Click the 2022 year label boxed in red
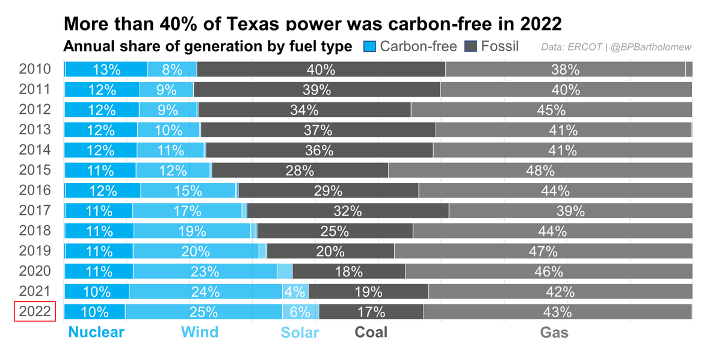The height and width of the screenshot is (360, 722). click(x=35, y=312)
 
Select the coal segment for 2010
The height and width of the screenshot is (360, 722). click(x=321, y=69)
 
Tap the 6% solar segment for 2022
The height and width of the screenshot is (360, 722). click(x=300, y=312)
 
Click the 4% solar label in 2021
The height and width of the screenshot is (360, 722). click(x=295, y=292)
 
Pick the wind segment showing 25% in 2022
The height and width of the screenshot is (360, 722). click(x=204, y=312)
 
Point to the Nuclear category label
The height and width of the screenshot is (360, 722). click(x=96, y=332)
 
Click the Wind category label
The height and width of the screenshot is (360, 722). click(x=200, y=332)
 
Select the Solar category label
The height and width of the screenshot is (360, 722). click(x=300, y=332)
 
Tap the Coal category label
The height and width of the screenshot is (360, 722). click(x=371, y=332)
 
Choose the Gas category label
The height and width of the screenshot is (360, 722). click(x=554, y=332)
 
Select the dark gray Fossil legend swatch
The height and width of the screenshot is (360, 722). click(x=471, y=46)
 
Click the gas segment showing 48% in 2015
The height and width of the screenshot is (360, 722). click(x=540, y=170)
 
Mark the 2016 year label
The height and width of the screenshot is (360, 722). click(x=35, y=191)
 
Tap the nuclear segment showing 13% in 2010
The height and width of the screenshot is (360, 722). click(x=106, y=69)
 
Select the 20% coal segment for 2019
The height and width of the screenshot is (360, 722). click(x=330, y=251)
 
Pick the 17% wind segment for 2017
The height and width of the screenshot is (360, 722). click(x=187, y=211)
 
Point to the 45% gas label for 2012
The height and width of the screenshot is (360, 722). click(x=551, y=110)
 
